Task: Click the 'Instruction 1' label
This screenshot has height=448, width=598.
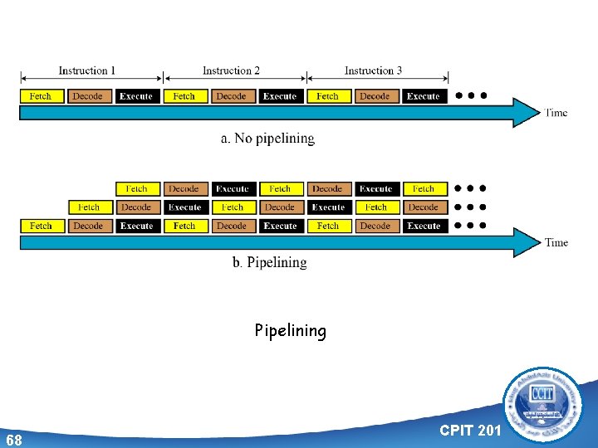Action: coord(87,71)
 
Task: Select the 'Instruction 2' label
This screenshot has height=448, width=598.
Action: coord(231,71)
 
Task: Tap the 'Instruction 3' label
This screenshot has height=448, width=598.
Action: coord(373,71)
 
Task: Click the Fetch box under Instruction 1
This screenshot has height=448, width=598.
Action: coord(41,96)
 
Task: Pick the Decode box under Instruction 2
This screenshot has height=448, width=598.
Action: coord(232,96)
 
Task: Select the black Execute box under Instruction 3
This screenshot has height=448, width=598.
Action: coord(424,96)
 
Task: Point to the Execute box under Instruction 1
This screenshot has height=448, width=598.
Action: coord(136,96)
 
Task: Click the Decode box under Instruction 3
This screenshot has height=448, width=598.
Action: coord(375,96)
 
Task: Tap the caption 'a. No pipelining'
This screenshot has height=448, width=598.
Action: coord(267,139)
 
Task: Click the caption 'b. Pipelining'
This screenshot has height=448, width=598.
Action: coord(269,262)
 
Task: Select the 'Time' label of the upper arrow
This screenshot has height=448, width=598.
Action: coord(556,113)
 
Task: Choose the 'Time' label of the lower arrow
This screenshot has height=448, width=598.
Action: coord(556,243)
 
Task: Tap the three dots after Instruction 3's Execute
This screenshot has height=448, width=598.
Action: coord(471,95)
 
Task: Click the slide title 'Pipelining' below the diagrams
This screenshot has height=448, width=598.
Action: coord(291,331)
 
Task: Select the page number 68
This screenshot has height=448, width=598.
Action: coord(13,439)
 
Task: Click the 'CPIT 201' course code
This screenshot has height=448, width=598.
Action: coord(470,430)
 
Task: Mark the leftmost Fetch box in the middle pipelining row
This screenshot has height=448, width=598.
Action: coord(89,207)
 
